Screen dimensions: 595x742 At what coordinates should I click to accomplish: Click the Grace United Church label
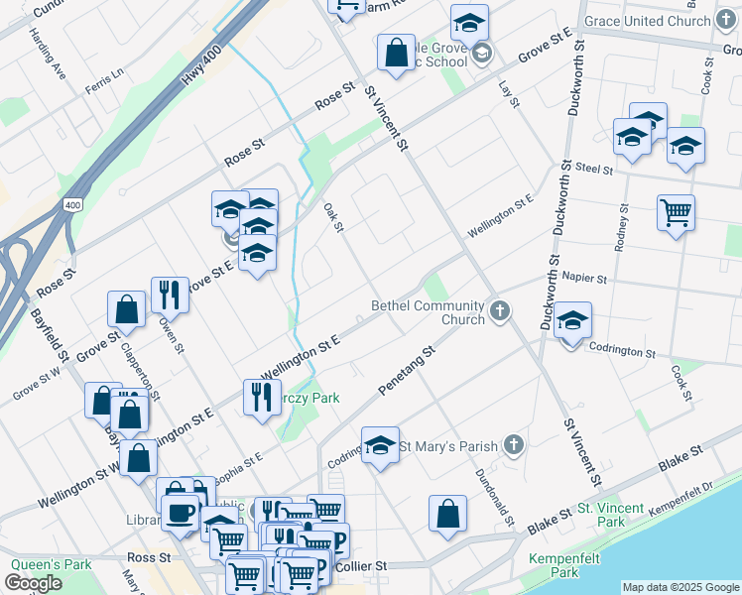[x=647, y=21]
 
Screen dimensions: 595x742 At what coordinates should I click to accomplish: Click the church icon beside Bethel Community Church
[x=500, y=312]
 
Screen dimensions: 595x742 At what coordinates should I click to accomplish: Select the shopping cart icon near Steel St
[x=676, y=212]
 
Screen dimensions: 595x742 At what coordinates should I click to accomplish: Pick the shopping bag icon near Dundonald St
[x=447, y=514]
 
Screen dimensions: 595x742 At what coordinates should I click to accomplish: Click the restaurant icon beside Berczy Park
[x=262, y=397]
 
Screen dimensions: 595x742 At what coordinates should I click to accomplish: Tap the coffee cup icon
[x=181, y=513]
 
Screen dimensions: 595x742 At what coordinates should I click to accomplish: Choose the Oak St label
[x=333, y=218]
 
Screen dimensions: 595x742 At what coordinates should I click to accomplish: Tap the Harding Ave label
[x=47, y=53]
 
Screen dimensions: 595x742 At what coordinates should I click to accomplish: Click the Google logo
[x=34, y=583]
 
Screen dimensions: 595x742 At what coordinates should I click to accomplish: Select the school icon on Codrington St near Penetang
[x=379, y=445]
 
